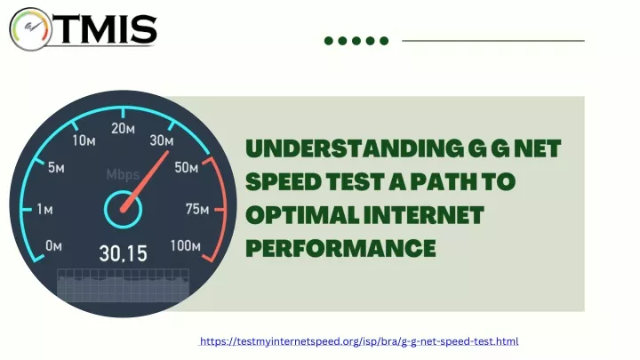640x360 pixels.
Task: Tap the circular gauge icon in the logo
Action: pyautogui.click(x=30, y=29)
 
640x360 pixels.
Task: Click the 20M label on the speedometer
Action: pyautogui.click(x=123, y=129)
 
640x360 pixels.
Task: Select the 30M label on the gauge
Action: pyautogui.click(x=162, y=140)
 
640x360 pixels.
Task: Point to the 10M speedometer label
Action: pyautogui.click(x=84, y=140)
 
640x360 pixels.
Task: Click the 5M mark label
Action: pyautogui.click(x=56, y=167)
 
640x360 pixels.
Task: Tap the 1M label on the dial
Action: pyautogui.click(x=44, y=210)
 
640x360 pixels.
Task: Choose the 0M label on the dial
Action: pyautogui.click(x=53, y=245)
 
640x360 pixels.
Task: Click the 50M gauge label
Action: pyautogui.click(x=186, y=167)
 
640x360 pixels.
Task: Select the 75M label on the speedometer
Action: pyautogui.click(x=197, y=210)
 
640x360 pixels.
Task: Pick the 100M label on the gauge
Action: pyautogui.click(x=185, y=245)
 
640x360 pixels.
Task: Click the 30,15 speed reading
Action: pyautogui.click(x=123, y=254)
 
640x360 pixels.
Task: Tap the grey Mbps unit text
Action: pyautogui.click(x=123, y=175)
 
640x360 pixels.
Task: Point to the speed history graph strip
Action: pyautogui.click(x=123, y=285)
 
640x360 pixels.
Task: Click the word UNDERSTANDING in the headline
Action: pyautogui.click(x=355, y=148)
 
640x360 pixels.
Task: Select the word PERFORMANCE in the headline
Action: pyautogui.click(x=340, y=248)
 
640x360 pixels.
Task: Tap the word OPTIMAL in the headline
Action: pyautogui.click(x=302, y=215)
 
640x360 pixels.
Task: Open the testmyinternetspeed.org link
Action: pyautogui.click(x=359, y=341)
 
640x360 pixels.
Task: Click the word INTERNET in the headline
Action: pyautogui.click(x=424, y=215)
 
